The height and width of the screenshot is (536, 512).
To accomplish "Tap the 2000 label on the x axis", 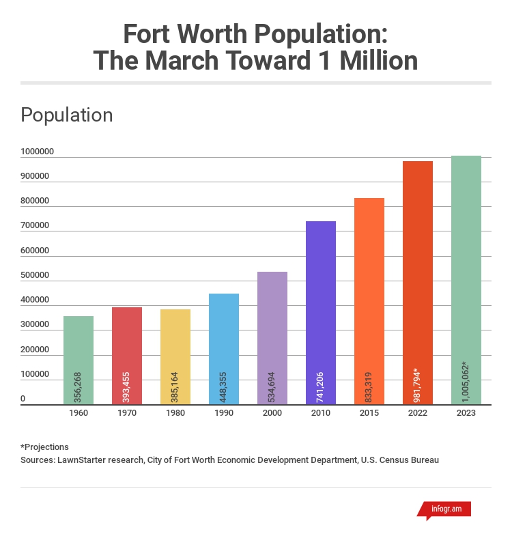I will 272,414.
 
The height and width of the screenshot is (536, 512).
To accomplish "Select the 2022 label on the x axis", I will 418,414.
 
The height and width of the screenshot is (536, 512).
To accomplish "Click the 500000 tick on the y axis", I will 35,275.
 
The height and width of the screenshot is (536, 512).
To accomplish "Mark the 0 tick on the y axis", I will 23,399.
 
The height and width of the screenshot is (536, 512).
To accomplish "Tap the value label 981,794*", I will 418,379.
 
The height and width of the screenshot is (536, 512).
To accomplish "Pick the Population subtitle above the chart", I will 67,115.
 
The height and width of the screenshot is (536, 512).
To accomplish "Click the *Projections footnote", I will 45,447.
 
